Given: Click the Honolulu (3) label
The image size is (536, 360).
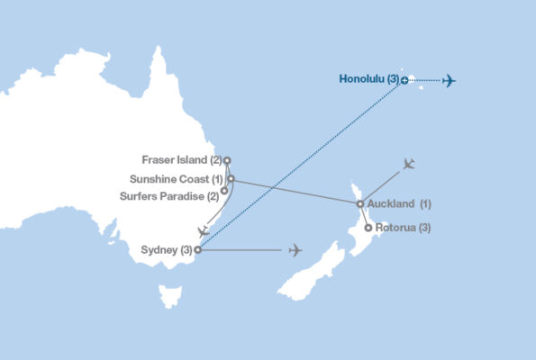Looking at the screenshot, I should pyautogui.click(x=368, y=79).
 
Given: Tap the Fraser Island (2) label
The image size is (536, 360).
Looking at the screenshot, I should pyautogui.click(x=181, y=160).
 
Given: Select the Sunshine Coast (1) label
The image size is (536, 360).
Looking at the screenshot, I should pyautogui.click(x=176, y=179).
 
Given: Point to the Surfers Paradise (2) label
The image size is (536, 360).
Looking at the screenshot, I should pyautogui.click(x=168, y=195).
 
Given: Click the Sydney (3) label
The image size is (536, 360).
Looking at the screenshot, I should pyautogui.click(x=167, y=249).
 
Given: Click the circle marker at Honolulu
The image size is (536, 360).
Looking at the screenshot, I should pyautogui.click(x=404, y=80).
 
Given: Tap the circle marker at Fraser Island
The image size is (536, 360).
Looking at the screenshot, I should pyautogui.click(x=227, y=161).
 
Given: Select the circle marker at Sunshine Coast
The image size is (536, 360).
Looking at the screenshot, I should pyautogui.click(x=232, y=179).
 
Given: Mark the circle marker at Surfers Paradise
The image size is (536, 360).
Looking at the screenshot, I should pyautogui.click(x=224, y=191).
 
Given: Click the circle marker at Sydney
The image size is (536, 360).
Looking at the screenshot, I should pyautogui.click(x=197, y=250).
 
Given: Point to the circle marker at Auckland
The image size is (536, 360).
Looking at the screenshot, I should pyautogui.click(x=360, y=203).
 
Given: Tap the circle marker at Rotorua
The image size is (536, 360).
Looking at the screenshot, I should pyautogui.click(x=368, y=228).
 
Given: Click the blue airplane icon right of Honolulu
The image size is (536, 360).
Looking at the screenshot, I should pyautogui.click(x=449, y=80).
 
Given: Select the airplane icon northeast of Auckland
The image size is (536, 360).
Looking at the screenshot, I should pyautogui.click(x=409, y=164).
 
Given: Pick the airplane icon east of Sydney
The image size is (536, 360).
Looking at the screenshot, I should pyautogui.click(x=295, y=250).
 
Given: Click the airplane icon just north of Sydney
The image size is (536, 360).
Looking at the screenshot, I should pyautogui.click(x=204, y=231).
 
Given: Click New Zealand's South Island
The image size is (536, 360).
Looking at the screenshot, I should pyautogui.click(x=311, y=271).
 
